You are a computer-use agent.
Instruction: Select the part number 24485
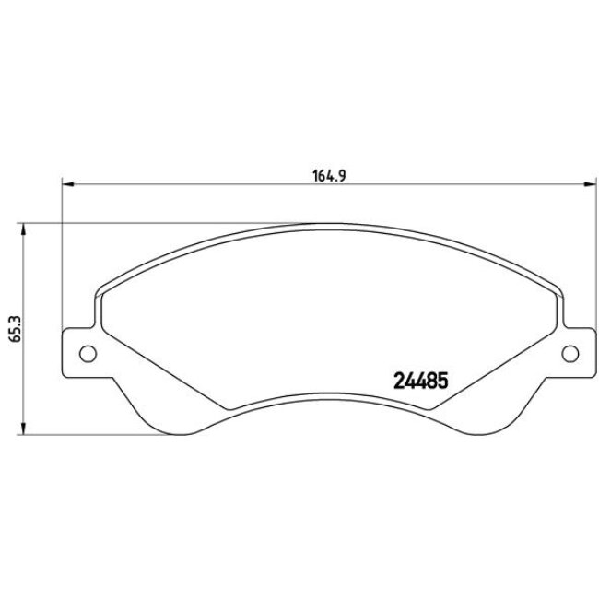420,379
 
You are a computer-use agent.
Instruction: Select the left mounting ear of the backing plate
81,351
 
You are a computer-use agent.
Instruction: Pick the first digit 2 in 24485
399,379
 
